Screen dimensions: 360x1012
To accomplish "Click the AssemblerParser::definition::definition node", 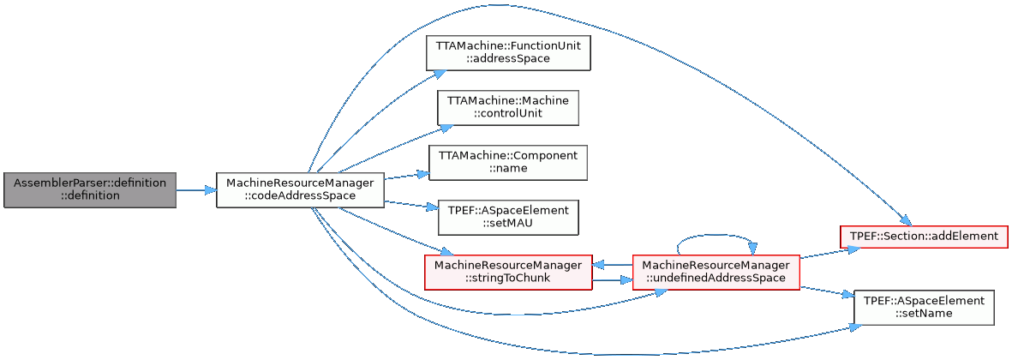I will pyautogui.click(x=90, y=189).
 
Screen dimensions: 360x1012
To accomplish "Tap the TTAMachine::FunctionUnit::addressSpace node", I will pyautogui.click(x=508, y=53).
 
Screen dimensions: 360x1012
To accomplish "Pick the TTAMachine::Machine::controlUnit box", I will pyautogui.click(x=508, y=107).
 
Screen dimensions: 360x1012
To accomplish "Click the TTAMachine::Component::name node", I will pyautogui.click(x=507, y=162).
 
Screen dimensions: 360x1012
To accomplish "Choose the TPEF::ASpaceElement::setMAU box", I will pyautogui.click(x=507, y=217).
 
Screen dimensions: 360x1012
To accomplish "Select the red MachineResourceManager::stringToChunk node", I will pyautogui.click(x=508, y=272).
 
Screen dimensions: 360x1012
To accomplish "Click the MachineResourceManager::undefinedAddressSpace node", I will pyautogui.click(x=716, y=272).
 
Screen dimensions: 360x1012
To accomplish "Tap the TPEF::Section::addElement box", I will pyautogui.click(x=922, y=235).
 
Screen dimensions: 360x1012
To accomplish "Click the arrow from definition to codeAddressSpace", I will pyautogui.click(x=195, y=189).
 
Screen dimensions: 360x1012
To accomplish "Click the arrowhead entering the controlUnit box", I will pyautogui.click(x=446, y=126).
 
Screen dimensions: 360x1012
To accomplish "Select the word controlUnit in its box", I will pyautogui.click(x=508, y=114).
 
